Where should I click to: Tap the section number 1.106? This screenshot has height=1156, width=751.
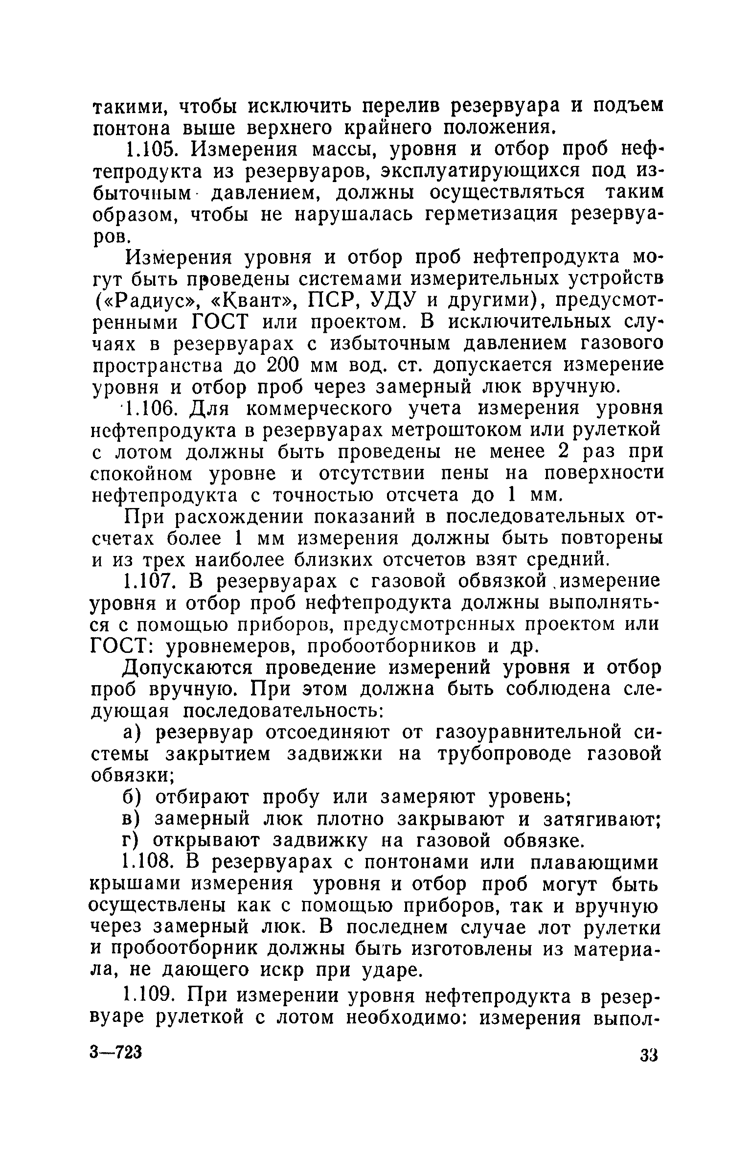point(150,409)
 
